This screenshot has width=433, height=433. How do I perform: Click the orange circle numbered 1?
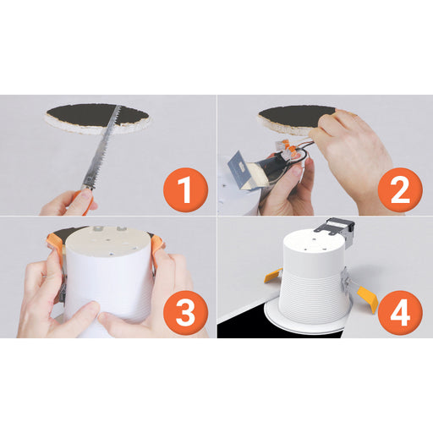click(x=185, y=189)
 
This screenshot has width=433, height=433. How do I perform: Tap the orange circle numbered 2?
click(x=400, y=189)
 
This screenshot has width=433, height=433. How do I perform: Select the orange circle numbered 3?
click(x=185, y=312)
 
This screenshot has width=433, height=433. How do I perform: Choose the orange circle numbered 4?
click(x=400, y=312)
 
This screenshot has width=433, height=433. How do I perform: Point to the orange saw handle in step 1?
click(x=85, y=197)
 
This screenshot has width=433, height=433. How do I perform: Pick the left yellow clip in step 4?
click(x=273, y=276)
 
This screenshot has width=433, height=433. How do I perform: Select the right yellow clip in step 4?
click(x=368, y=299)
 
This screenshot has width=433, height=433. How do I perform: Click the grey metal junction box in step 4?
click(x=336, y=229)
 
